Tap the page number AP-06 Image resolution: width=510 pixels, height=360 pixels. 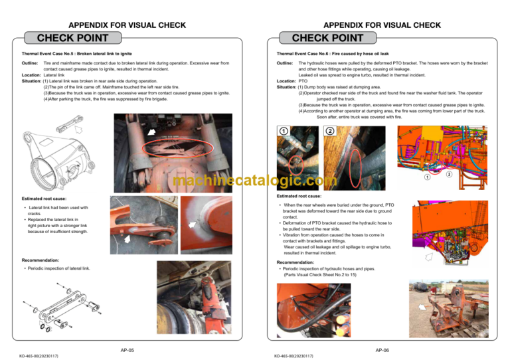(382, 349)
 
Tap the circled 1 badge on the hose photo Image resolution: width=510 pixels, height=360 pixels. (283, 131)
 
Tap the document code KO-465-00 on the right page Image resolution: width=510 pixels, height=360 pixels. (290, 356)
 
